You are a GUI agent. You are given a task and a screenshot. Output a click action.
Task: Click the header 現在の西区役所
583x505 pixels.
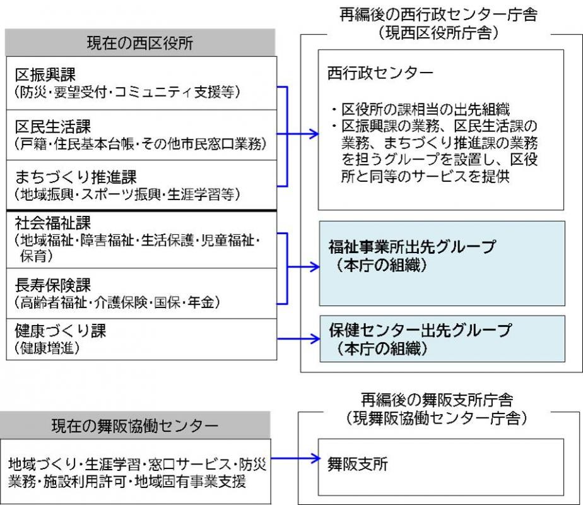[x=140, y=43]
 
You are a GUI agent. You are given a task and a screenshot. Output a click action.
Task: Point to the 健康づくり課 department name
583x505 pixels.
[x=57, y=331]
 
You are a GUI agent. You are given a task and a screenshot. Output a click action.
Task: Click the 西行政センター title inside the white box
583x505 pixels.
[x=380, y=73]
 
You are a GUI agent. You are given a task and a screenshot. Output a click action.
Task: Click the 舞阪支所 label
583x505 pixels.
[x=358, y=465]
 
